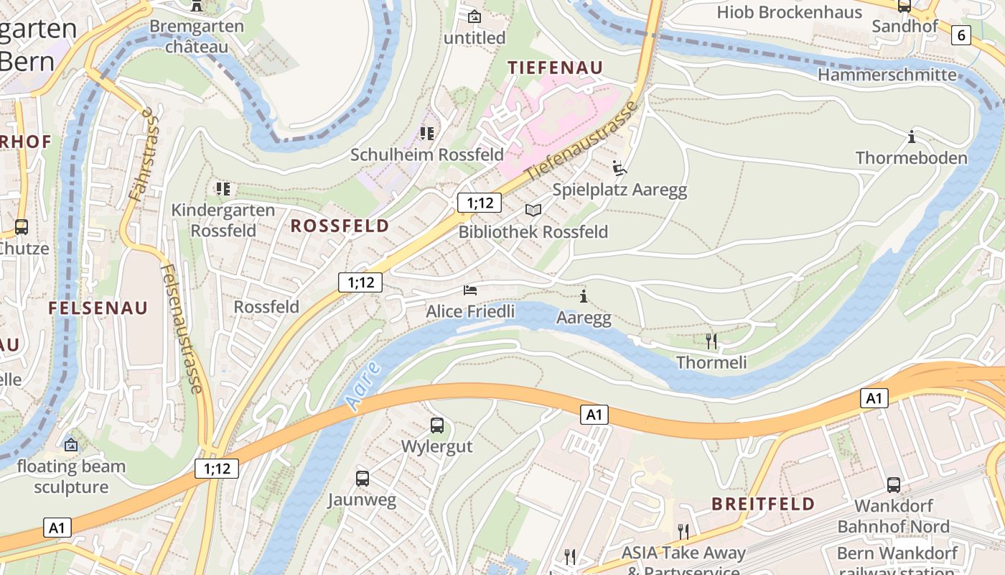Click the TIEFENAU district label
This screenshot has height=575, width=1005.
pos(555,67)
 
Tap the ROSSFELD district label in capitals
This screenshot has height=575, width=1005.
pos(340,226)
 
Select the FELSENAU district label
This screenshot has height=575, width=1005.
pos(98,308)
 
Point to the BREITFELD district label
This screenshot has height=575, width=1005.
pos(763,504)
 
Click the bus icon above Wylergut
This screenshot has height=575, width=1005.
pos(437,425)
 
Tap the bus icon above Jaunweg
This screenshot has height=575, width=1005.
pos(363,478)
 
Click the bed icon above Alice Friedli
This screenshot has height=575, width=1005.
pos(470,290)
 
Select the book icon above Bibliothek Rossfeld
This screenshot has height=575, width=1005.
pos(533,210)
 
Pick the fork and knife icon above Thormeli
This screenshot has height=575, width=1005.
pos(711,341)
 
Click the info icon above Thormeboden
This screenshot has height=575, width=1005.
pos(912,136)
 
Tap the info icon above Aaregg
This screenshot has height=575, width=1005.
pos(584,296)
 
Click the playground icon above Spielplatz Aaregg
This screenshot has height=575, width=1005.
pos(620,168)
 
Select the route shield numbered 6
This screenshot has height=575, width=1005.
pos(961,34)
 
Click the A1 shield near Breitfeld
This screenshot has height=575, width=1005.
pos(874,398)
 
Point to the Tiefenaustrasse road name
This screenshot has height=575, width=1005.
pos(581,142)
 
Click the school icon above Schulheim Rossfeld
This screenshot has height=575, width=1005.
pos(427,133)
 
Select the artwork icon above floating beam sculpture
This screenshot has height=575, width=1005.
pos(71,445)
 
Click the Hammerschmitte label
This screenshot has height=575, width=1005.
pos(887,75)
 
